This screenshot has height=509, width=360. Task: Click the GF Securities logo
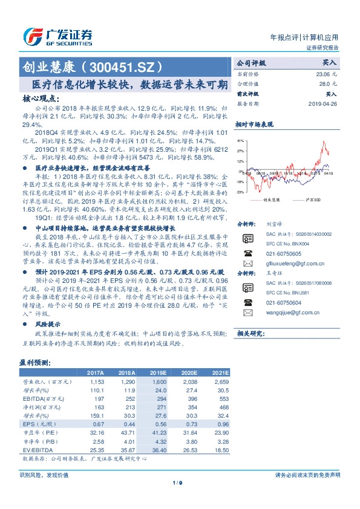point(57,36)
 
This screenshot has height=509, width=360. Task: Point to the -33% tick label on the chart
point(240,192)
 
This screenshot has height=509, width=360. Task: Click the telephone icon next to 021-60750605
point(246,254)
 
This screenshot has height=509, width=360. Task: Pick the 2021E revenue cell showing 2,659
point(220,383)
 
